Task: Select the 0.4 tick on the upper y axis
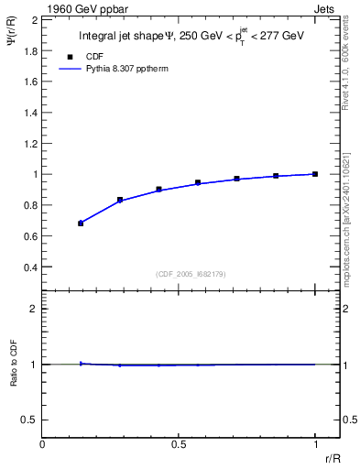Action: click(x=29, y=267)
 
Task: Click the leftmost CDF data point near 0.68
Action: click(x=81, y=223)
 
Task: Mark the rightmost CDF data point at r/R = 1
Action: click(x=315, y=173)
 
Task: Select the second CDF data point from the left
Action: click(x=120, y=200)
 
